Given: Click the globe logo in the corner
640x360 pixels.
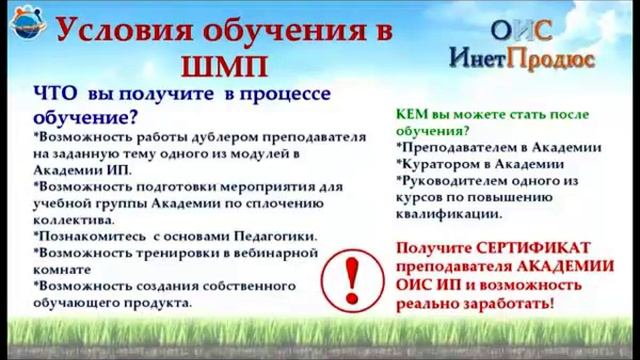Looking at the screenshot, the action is (28, 23).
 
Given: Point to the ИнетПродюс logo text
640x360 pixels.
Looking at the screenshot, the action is (522, 58).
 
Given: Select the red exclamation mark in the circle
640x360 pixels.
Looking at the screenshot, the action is (352, 280).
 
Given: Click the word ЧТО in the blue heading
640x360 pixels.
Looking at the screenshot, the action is (55, 94).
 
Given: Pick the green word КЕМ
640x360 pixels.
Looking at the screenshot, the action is (411, 114).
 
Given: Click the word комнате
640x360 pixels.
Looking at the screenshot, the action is (62, 270).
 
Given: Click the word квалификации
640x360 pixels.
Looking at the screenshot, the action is (449, 214).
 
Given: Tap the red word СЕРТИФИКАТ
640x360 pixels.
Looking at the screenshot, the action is (533, 248).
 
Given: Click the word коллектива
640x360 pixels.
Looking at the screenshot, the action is (74, 220).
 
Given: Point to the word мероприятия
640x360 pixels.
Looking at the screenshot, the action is (268, 187).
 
